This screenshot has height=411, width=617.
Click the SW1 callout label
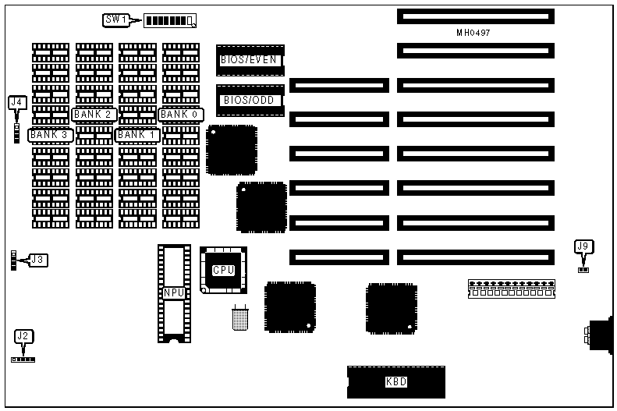click(x=115, y=19)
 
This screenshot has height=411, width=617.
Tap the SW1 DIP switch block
click(x=170, y=20)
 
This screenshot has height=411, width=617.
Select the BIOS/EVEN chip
click(x=250, y=60)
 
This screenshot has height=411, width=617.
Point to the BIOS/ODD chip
click(x=250, y=100)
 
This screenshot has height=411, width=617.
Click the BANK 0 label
click(x=181, y=115)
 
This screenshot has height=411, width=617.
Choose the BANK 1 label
click(x=138, y=135)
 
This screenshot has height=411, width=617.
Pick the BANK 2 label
click(x=94, y=115)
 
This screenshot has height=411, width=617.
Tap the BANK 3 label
click(x=51, y=135)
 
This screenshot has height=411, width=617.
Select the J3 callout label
click(x=37, y=259)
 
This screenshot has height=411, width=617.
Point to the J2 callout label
click(x=23, y=336)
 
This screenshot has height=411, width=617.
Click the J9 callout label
click(x=583, y=246)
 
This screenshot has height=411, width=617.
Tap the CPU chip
click(x=223, y=270)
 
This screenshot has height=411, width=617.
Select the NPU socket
click(x=173, y=293)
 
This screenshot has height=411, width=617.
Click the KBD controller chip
click(x=396, y=381)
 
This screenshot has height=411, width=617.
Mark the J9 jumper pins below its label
click(x=583, y=270)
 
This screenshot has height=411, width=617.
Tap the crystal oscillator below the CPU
click(x=240, y=319)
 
